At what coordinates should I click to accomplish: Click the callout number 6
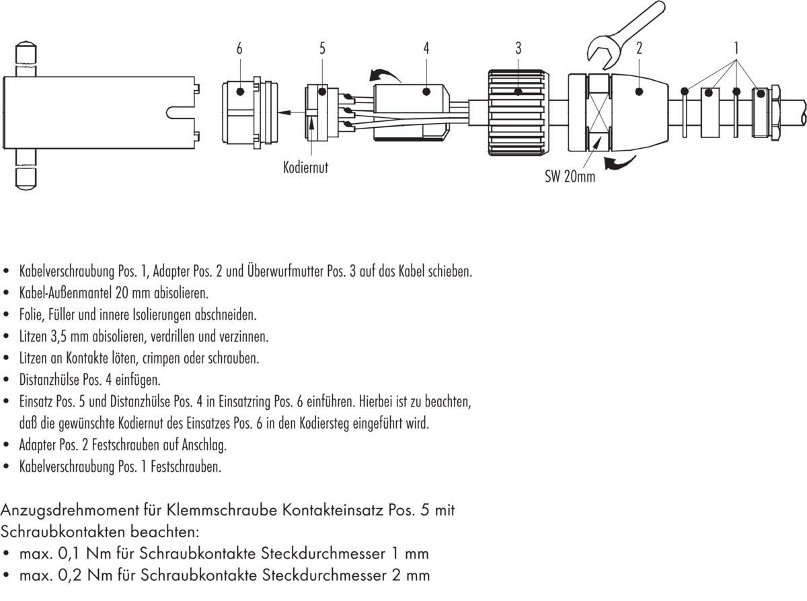239,48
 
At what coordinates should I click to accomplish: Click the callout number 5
322,48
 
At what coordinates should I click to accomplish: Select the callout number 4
426,48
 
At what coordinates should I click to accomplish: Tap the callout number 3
518,48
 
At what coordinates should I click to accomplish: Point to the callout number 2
639,48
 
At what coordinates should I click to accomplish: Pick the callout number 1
736,48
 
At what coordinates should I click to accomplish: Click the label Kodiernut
305,168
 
